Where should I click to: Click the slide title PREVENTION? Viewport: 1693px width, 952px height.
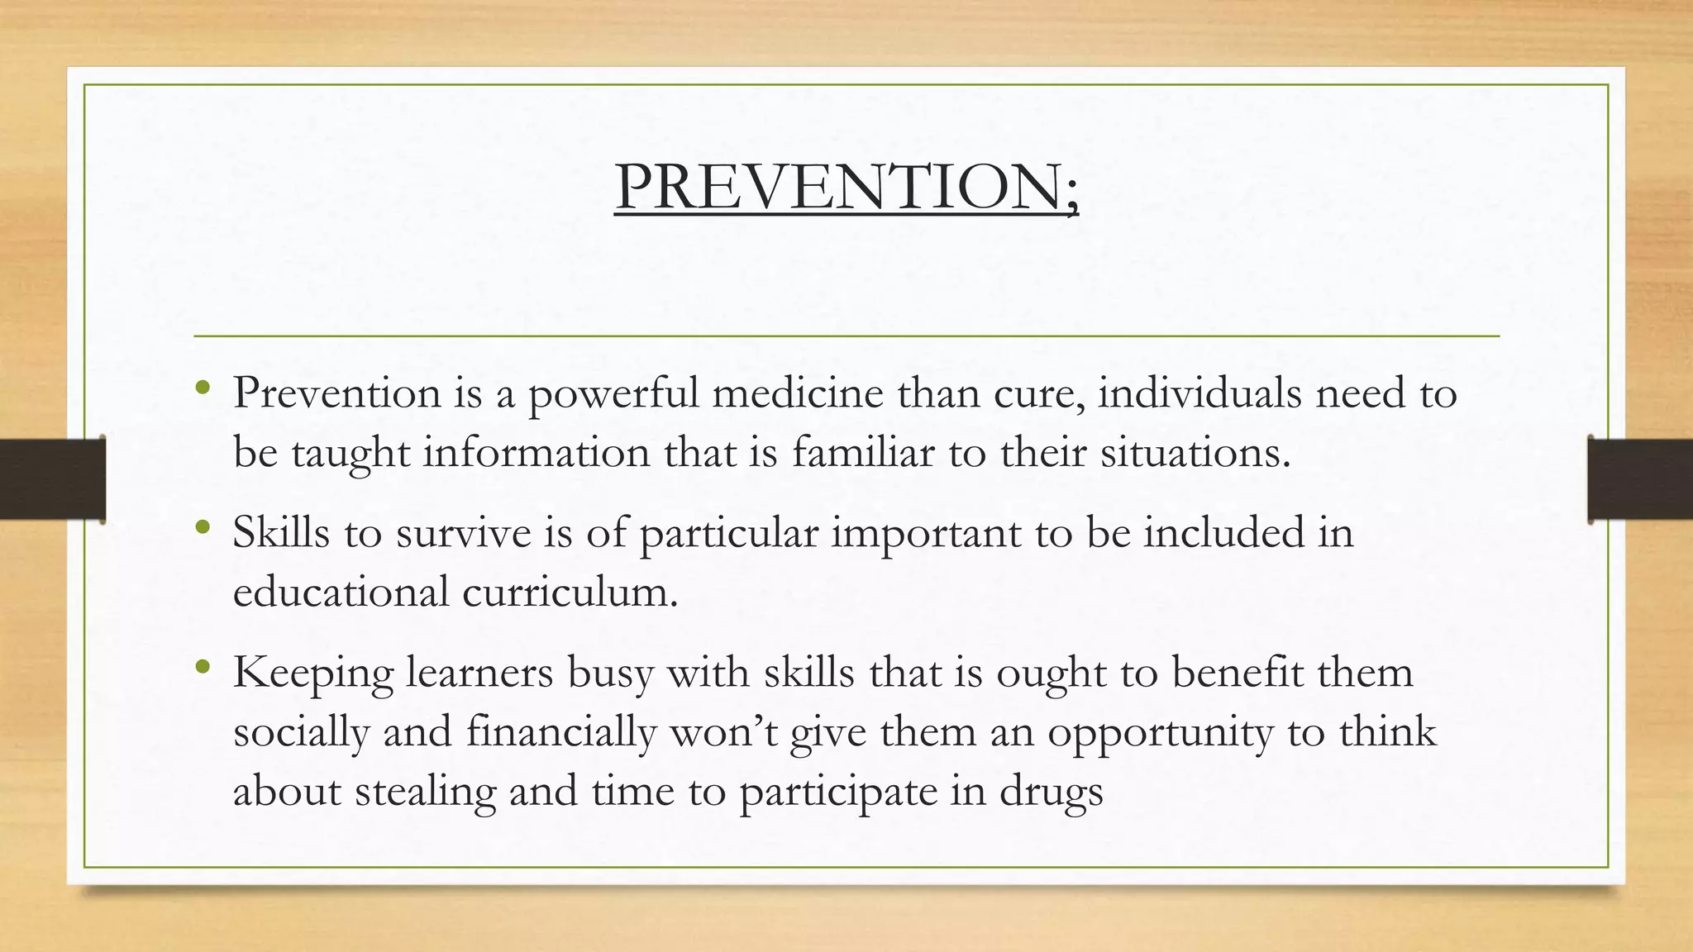pyautogui.click(x=846, y=187)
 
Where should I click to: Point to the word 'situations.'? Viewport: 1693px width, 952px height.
pyautogui.click(x=1195, y=452)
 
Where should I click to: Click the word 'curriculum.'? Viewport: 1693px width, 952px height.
pyautogui.click(x=570, y=592)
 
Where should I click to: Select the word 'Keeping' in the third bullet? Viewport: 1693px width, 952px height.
pyautogui.click(x=312, y=673)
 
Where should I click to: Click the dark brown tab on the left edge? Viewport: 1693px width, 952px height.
pyautogui.click(x=52, y=479)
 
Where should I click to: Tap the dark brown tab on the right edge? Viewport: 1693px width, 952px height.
pyautogui.click(x=1640, y=479)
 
